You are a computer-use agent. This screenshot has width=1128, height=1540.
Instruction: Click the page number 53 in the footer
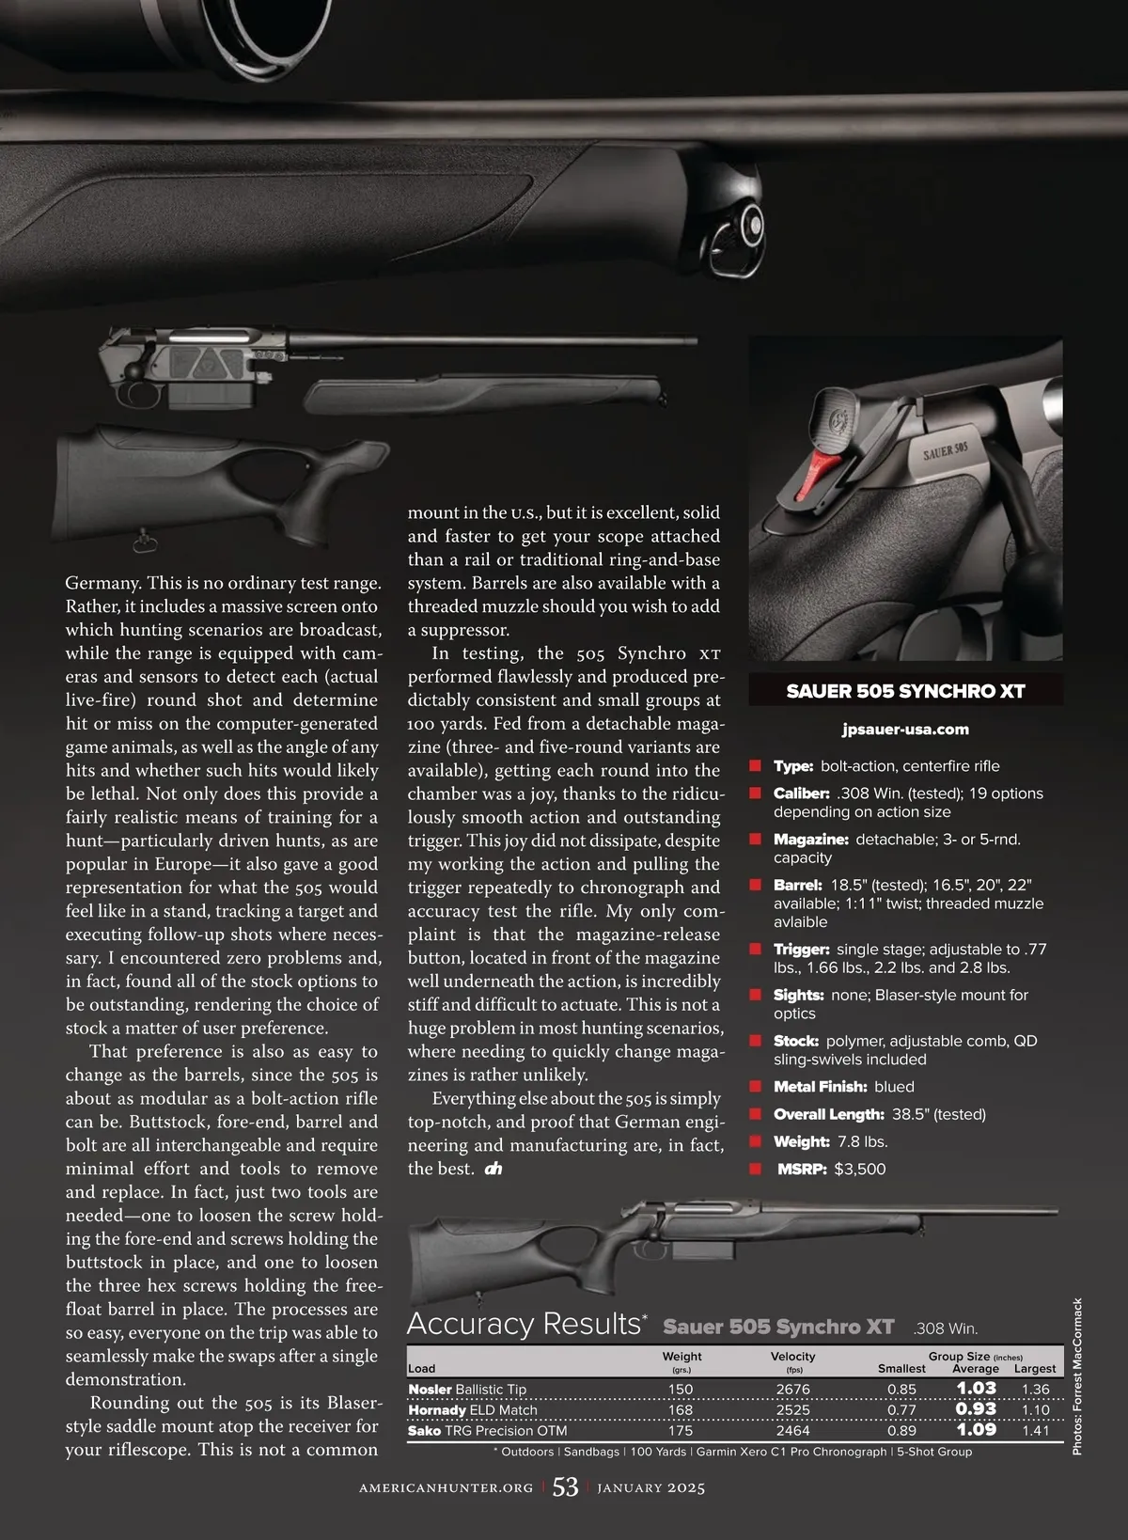[565, 1486]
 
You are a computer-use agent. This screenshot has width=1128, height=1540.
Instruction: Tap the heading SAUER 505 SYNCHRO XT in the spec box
[905, 691]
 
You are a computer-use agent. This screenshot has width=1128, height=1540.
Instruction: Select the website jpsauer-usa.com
[905, 729]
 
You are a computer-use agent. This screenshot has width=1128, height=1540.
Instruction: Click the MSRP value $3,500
[859, 1169]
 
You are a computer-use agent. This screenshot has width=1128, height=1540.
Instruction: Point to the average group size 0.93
[976, 1408]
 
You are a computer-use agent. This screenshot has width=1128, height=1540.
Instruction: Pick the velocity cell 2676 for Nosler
[792, 1389]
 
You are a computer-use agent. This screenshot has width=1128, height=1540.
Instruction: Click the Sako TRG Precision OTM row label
[487, 1430]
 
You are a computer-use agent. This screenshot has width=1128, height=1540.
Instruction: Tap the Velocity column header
[792, 1356]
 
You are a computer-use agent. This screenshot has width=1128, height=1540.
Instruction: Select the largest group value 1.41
[1035, 1430]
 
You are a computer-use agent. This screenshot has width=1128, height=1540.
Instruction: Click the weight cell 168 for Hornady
[681, 1409]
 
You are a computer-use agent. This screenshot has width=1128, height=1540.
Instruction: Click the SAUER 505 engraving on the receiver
[945, 450]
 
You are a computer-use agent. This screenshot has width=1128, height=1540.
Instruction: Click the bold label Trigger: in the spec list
[801, 950]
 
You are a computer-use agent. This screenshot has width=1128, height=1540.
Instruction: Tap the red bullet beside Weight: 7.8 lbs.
[754, 1141]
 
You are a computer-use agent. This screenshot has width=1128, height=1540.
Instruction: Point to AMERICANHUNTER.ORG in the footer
[446, 1487]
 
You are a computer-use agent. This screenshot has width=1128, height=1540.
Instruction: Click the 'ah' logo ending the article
[493, 1169]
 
